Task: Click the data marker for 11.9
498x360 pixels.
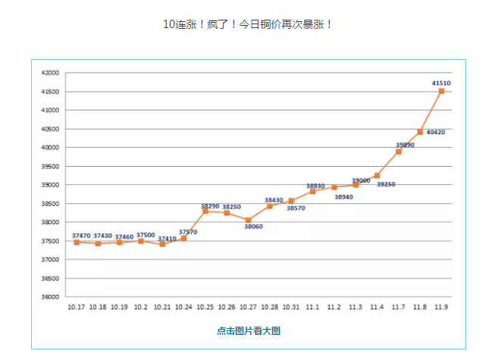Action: tap(441, 91)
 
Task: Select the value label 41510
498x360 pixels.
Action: tap(441, 83)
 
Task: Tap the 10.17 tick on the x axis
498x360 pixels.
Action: tap(77, 307)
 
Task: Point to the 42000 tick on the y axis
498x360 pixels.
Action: tap(50, 73)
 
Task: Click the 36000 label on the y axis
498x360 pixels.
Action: tap(50, 297)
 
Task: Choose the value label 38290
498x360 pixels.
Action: tap(210, 205)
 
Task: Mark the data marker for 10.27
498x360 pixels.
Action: tap(248, 220)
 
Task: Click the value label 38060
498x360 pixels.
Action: tap(253, 226)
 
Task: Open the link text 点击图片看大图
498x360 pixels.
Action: tap(249, 330)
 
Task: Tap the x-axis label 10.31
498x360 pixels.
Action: tap(291, 307)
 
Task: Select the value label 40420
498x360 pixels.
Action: tap(436, 132)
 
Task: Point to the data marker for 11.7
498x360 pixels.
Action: tap(398, 152)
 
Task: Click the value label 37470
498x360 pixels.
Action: tap(81, 236)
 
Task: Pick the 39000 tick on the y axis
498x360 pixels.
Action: tap(50, 185)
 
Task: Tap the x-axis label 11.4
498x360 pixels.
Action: tap(377, 307)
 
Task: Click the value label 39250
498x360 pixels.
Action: tap(386, 184)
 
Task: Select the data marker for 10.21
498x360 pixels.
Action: tap(162, 244)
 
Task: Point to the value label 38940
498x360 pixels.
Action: tap(343, 196)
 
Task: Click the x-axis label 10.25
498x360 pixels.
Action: tap(205, 307)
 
